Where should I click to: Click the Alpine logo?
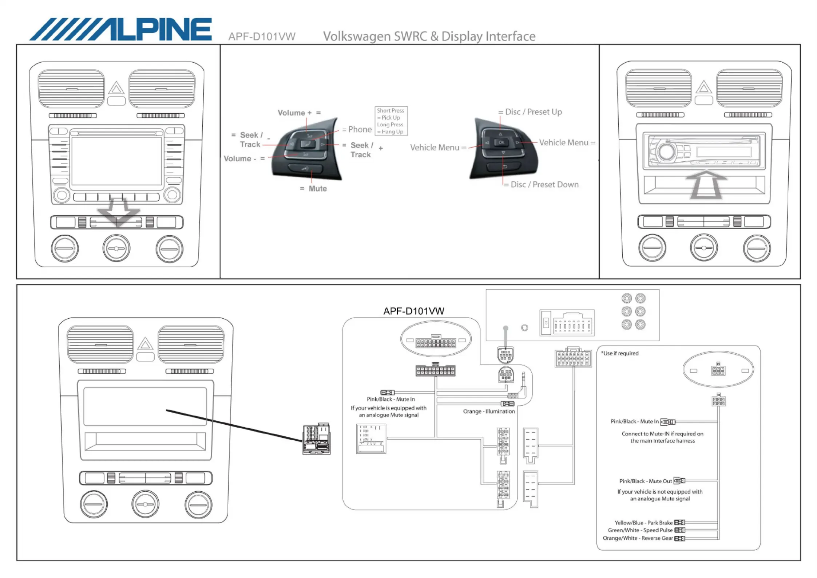click(120, 29)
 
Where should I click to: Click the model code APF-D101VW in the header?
click(262, 36)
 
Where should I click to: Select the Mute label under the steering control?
click(318, 189)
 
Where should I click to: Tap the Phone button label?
click(360, 129)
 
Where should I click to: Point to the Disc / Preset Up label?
click(534, 112)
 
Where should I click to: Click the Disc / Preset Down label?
click(544, 184)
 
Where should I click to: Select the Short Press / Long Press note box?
click(391, 121)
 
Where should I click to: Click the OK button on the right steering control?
click(501, 142)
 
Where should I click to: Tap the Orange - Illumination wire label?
click(489, 411)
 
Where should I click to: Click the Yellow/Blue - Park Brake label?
click(643, 523)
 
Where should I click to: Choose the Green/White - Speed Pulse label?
click(640, 530)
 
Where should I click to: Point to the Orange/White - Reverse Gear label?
click(638, 538)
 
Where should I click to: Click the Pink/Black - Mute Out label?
click(646, 481)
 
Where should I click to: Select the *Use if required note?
click(620, 353)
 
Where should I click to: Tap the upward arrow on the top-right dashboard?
click(706, 185)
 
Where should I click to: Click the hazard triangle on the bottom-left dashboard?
click(145, 343)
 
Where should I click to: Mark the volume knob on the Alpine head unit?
click(667, 151)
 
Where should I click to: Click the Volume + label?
click(294, 113)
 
